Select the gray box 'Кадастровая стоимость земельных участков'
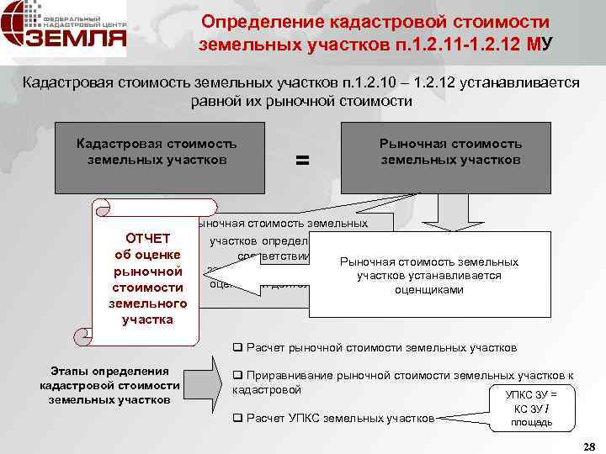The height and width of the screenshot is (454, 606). tap(157, 158)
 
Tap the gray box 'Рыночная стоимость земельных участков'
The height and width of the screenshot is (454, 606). tap(445, 158)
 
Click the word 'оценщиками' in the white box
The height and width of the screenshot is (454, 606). tap(429, 289)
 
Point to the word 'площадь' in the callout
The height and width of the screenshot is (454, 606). tap(531, 422)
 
